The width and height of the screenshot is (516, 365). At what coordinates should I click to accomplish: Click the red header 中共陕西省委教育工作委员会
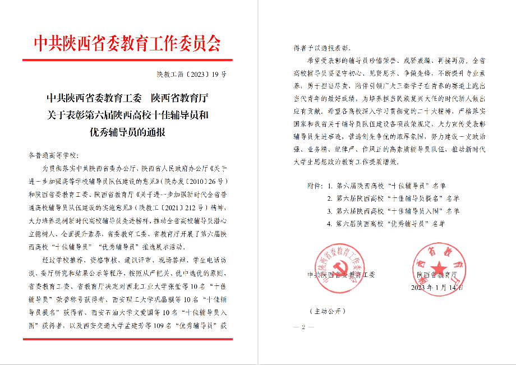(128, 43)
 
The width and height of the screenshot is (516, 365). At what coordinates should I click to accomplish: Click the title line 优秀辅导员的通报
(128, 133)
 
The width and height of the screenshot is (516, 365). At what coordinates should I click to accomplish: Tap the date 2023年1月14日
(439, 287)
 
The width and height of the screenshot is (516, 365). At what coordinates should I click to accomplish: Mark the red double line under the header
(128, 59)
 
